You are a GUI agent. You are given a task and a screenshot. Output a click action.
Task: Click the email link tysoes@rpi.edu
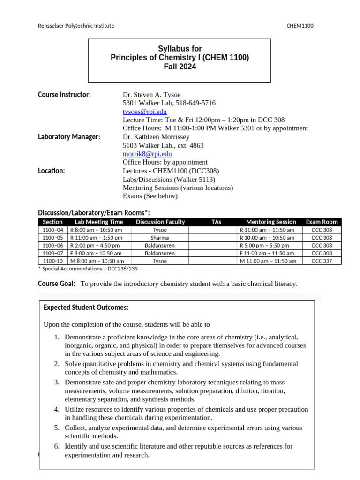(x=144, y=112)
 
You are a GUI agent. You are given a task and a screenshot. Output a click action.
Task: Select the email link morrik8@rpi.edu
(x=147, y=154)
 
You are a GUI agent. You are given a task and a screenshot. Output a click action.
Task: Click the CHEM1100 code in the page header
(x=300, y=26)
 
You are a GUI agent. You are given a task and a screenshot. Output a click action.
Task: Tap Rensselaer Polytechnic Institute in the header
(x=76, y=26)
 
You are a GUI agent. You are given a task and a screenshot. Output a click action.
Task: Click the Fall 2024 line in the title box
(x=180, y=67)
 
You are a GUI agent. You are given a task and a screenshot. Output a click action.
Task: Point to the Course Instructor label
(x=64, y=95)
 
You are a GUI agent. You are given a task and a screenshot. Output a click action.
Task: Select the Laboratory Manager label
(x=69, y=137)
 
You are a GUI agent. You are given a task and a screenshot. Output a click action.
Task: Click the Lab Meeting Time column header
(x=98, y=222)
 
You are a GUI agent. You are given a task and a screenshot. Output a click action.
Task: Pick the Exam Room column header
(x=322, y=222)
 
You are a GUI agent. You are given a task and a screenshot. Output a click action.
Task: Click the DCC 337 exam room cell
(x=322, y=261)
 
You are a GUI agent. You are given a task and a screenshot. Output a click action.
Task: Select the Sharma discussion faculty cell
(x=160, y=238)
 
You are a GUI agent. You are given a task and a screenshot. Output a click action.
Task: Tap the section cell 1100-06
(x=52, y=245)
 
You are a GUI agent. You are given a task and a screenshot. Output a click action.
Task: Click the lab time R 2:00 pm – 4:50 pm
(x=96, y=245)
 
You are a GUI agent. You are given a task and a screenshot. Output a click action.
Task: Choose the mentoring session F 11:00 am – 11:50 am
(x=267, y=253)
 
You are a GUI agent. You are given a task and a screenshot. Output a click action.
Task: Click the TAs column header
(x=216, y=222)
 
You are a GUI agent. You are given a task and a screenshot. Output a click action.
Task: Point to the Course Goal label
(x=56, y=284)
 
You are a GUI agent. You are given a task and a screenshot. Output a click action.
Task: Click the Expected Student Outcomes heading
(x=86, y=307)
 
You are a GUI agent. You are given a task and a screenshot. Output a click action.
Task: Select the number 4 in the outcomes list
(x=56, y=409)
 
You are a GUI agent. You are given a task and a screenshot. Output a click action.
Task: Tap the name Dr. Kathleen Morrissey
(x=156, y=137)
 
